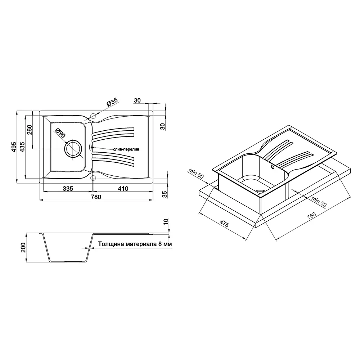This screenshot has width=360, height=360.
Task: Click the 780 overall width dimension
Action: (96, 197)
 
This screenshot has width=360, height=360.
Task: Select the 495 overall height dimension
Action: (14, 147)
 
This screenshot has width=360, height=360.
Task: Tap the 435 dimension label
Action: (22, 147)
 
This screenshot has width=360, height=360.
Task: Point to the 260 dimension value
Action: (30, 130)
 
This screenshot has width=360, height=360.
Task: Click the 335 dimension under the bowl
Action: (68, 189)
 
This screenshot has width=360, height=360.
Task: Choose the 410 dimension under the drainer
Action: (123, 189)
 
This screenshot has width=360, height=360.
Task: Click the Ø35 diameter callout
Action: (112, 102)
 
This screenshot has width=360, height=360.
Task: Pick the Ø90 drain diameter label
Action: (60, 133)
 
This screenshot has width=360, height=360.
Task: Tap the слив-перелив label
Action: (126, 149)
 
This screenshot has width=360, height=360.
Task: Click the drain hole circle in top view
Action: (73, 148)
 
